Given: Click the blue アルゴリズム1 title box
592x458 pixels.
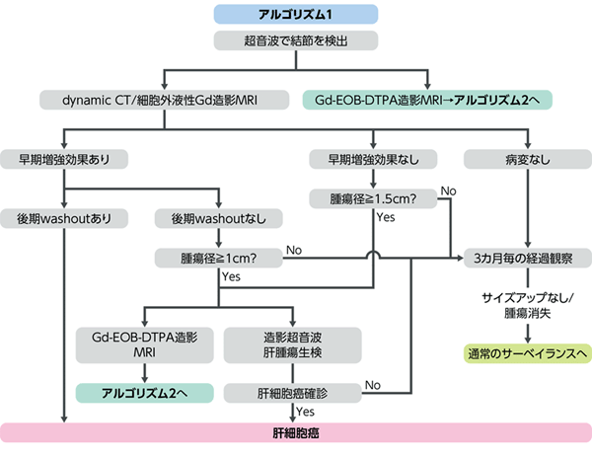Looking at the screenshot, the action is coord(296,15).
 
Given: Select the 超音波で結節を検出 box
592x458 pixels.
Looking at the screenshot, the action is coord(296,40).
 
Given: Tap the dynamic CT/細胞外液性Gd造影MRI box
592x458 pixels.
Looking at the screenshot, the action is coord(164,100).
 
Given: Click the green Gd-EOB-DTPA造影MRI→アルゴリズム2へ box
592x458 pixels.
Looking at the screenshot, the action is coord(427,100).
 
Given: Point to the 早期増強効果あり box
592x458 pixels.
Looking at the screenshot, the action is coord(64,159).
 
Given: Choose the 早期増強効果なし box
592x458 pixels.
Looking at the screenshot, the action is coord(373,159).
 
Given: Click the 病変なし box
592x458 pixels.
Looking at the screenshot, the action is coord(528,159).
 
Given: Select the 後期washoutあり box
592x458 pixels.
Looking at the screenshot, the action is coord(64,218).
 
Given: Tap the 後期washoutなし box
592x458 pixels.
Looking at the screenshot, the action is coord(219,218).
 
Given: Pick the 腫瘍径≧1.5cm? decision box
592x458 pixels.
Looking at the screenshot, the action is coord(373,198).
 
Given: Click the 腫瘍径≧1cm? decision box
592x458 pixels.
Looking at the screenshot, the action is coord(219,259).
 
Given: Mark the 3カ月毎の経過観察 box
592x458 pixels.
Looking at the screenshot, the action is coord(528,259).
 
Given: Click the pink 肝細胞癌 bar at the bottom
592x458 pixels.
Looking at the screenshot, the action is coord(296,432).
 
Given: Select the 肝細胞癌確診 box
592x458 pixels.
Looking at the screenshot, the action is coord(293,394).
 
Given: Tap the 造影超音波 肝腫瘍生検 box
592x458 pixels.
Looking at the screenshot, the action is coord(293,345).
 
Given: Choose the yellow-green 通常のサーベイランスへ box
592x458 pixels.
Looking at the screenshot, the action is coord(528,353).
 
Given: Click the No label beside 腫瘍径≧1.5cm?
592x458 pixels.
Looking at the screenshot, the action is coord(449,191).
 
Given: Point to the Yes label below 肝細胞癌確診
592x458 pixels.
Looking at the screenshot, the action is coord(305,412).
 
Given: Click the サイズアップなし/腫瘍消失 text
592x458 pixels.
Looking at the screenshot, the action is coord(528,305).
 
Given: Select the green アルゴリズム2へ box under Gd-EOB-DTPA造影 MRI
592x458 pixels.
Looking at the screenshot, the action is coord(145,394).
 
